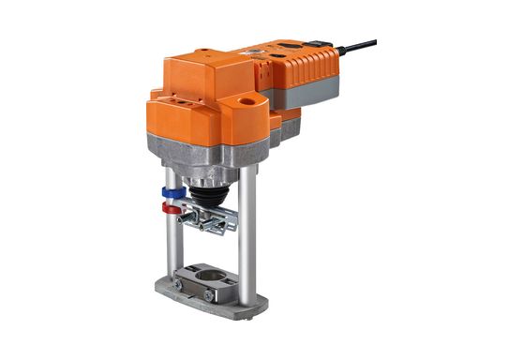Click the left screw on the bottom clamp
point(176,284)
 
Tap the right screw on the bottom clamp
point(208,295)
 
